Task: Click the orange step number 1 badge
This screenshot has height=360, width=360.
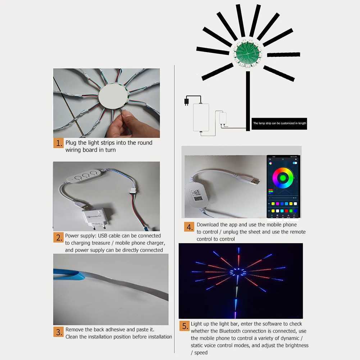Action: click(x=59, y=143)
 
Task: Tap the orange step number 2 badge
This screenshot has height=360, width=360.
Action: click(x=59, y=237)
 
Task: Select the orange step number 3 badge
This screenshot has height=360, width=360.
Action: click(x=59, y=332)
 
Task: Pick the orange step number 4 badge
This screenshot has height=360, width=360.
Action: click(x=190, y=227)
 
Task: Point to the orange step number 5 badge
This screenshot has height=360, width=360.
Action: click(x=184, y=326)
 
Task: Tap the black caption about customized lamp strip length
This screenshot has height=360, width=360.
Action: click(x=279, y=123)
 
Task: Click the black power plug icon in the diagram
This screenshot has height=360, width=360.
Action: click(x=186, y=101)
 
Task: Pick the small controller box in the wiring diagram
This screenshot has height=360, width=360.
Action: click(x=223, y=118)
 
